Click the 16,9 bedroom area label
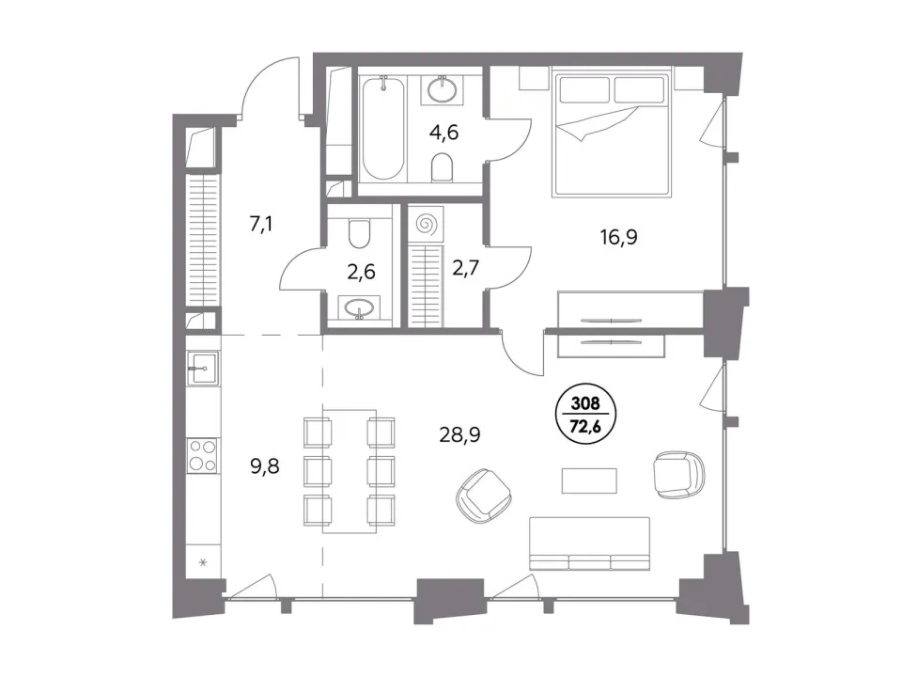point(619,237)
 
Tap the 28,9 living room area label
point(459,435)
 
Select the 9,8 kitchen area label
point(265,465)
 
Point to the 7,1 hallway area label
point(260,224)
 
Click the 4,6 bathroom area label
point(443,133)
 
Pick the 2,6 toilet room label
point(361,271)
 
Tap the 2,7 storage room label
point(465,268)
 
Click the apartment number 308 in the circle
point(585,404)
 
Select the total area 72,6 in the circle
point(585,426)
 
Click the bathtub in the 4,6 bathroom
point(382,128)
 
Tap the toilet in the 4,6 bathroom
point(442,166)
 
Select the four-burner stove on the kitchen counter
point(203,455)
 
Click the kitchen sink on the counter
point(203,368)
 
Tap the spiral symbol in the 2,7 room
point(427,224)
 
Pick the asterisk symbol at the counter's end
point(203,562)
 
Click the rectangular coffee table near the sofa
point(590,480)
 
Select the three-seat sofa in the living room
point(590,543)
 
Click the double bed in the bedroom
point(612,133)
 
